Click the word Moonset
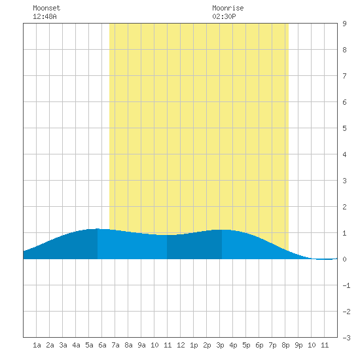(x=46, y=8)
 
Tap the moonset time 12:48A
(x=45, y=16)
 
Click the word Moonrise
(x=228, y=8)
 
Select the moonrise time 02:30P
(x=224, y=16)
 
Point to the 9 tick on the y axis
(x=344, y=24)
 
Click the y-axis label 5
(x=344, y=128)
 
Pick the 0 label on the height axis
(x=344, y=259)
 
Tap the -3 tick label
(x=346, y=338)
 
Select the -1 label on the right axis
(x=346, y=285)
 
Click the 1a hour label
(x=37, y=345)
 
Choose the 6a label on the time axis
(x=102, y=345)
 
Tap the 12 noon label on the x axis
(x=181, y=345)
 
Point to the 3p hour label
(x=220, y=345)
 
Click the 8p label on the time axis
(x=285, y=345)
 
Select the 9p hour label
(x=298, y=345)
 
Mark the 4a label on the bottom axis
(x=76, y=345)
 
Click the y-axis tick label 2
(x=344, y=207)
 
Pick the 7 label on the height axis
(x=344, y=76)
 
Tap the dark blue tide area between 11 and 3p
(x=194, y=246)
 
